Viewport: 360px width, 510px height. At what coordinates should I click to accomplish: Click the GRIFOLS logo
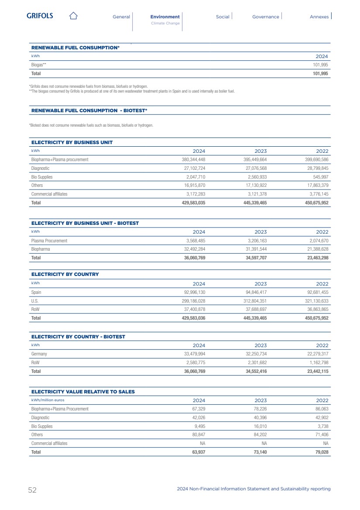(x=40, y=16)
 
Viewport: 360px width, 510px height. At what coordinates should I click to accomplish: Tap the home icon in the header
(x=73, y=16)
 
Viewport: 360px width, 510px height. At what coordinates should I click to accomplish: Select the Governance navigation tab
(x=265, y=17)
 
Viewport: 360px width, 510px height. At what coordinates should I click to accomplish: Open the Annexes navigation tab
(x=319, y=17)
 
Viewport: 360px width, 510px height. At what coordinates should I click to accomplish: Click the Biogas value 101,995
(x=319, y=65)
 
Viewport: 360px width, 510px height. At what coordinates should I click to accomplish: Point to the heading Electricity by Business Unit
(x=72, y=142)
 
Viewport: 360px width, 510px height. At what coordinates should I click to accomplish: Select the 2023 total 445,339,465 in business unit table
(x=255, y=203)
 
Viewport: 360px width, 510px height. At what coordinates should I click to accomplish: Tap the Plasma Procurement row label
(x=49, y=241)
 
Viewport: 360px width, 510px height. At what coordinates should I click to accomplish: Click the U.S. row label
(x=34, y=301)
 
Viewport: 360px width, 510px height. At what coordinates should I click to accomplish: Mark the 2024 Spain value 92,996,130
(x=194, y=292)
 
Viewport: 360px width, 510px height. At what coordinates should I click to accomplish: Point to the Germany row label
(x=39, y=354)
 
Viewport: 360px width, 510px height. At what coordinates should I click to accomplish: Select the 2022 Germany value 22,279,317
(x=317, y=354)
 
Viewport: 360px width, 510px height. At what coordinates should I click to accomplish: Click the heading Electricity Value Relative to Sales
(x=83, y=392)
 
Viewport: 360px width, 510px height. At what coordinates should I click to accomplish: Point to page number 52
(x=32, y=490)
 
